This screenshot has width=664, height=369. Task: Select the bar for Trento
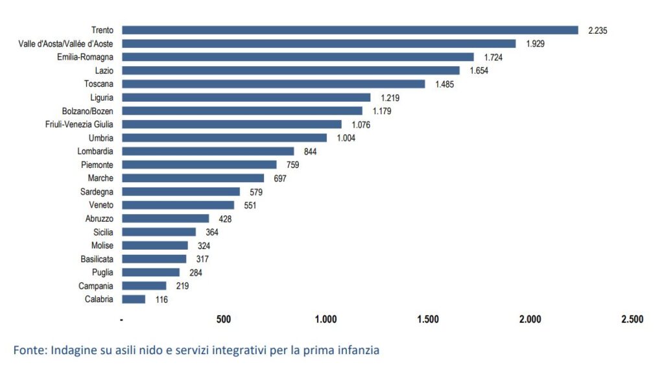[x=350, y=30]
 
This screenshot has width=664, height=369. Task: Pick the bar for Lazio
[x=290, y=70]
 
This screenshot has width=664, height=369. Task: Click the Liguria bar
[x=246, y=97]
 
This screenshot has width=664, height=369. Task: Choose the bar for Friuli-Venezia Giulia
[x=231, y=124]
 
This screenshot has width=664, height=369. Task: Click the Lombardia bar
[x=207, y=151]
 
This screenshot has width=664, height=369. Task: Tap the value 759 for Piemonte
[x=292, y=165]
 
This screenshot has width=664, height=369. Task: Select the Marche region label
[x=101, y=178]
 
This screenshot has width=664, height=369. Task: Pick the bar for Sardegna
[x=181, y=191]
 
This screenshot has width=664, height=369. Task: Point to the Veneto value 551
[x=250, y=206]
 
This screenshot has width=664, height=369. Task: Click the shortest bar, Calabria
[x=134, y=299]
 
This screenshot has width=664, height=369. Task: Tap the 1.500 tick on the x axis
[x=428, y=319]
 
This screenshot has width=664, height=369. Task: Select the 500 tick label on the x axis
[x=224, y=319]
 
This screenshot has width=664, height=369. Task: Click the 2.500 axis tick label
[x=632, y=319]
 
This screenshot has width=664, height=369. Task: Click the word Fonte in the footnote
[x=29, y=350]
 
